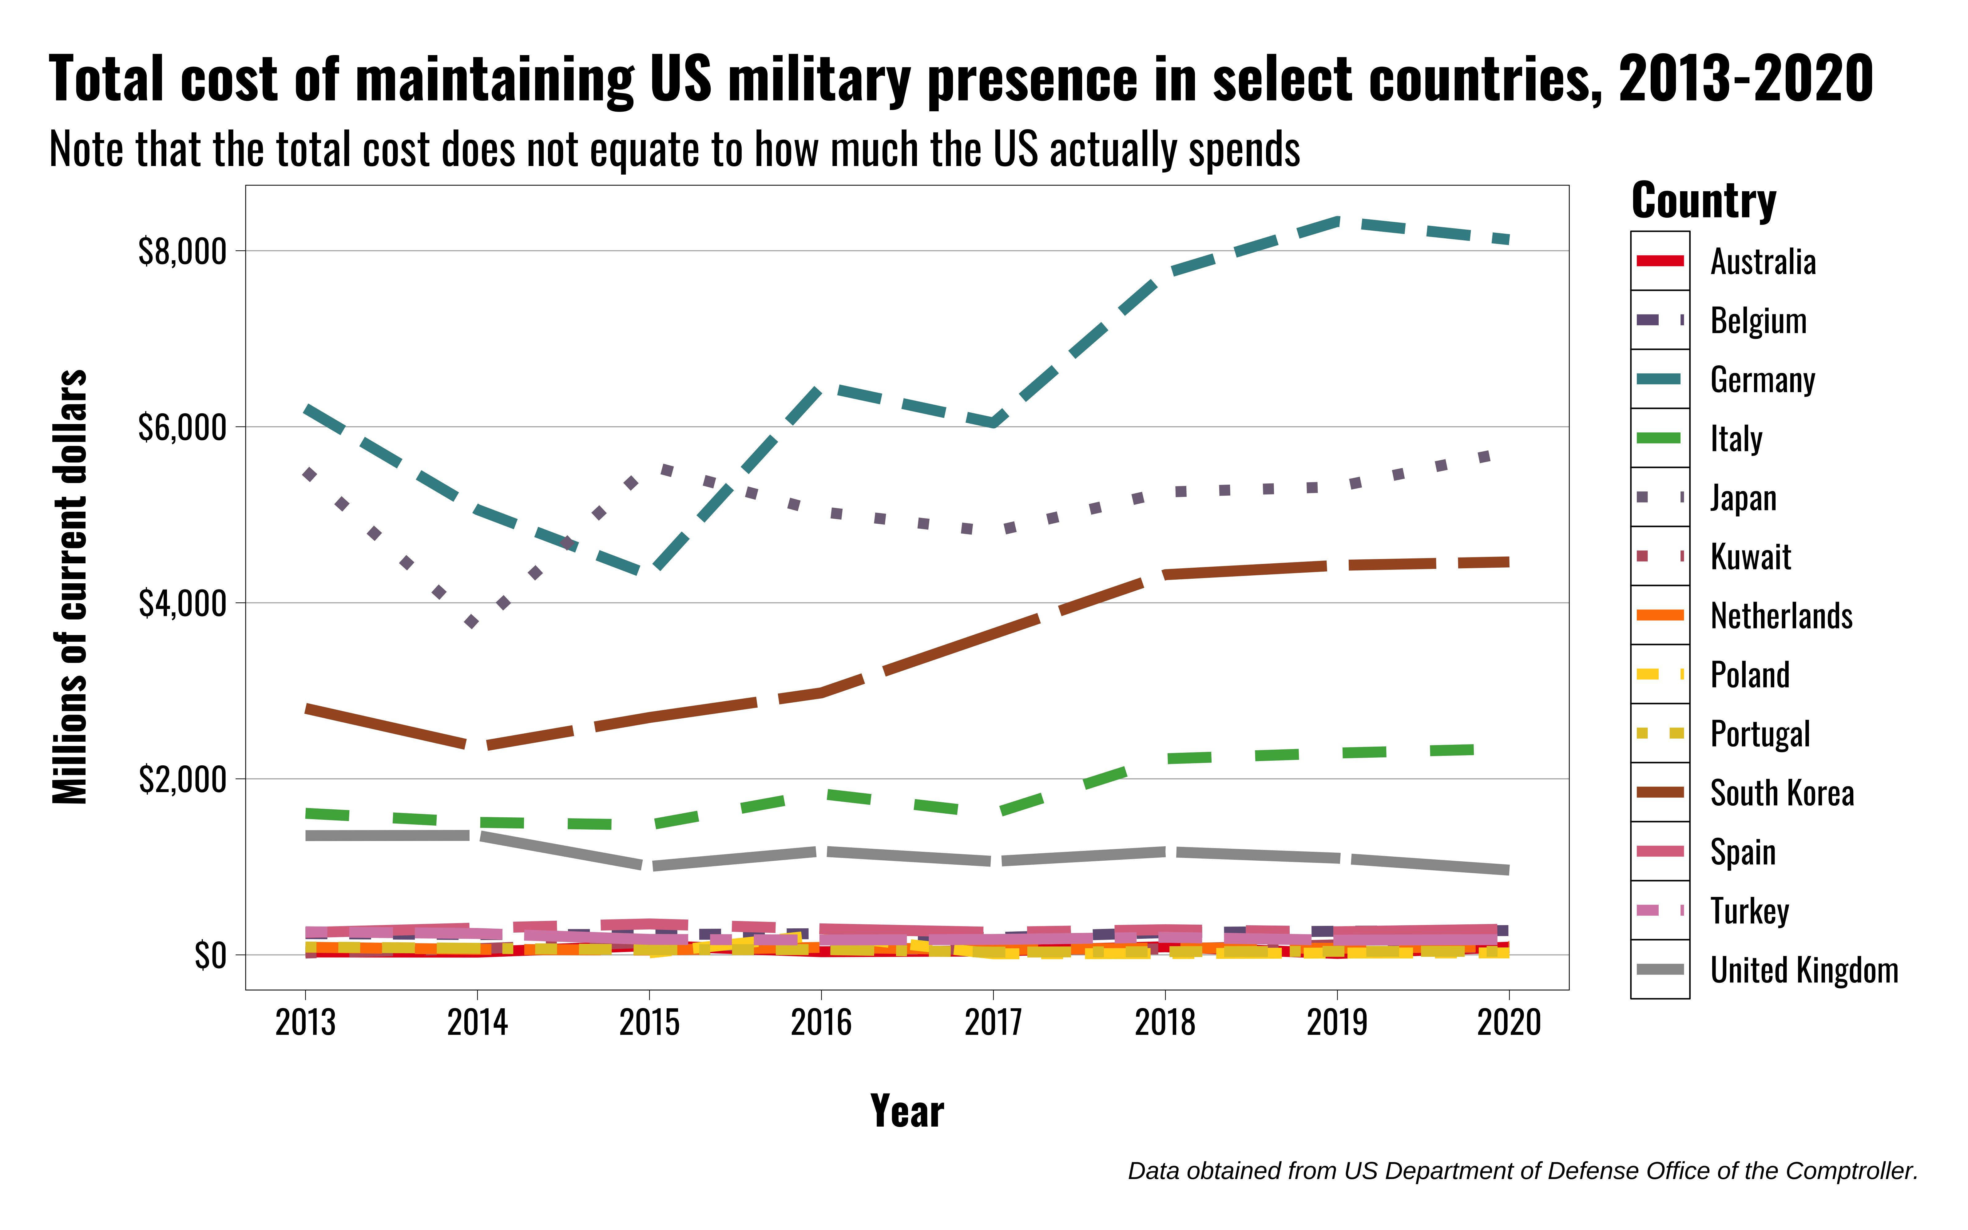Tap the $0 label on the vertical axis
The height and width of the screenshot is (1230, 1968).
(210, 956)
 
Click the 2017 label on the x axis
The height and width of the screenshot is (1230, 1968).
(993, 1022)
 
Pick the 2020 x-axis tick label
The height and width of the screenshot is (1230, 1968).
(1509, 1022)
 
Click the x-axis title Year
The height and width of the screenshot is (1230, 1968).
(907, 1111)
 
